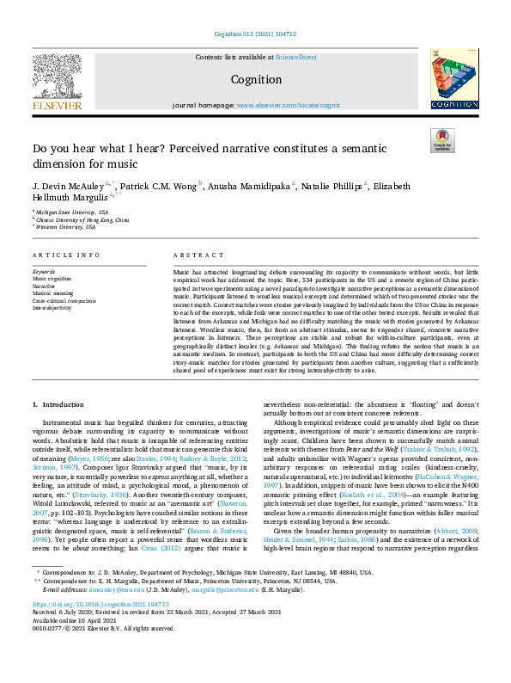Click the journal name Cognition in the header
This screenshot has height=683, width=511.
(x=257, y=80)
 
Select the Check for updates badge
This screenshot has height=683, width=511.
(x=442, y=140)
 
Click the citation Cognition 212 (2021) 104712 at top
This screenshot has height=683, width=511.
(x=255, y=34)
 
